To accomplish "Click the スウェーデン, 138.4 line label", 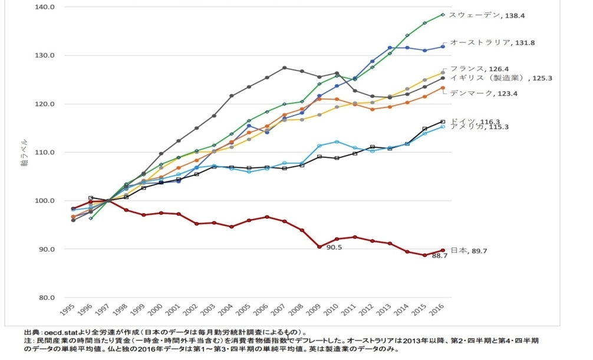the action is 487,15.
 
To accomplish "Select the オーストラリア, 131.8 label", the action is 492,43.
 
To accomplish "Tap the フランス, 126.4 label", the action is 480,69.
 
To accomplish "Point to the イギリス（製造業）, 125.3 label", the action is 501,78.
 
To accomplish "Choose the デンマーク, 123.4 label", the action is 484,94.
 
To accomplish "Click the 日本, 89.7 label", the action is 469,251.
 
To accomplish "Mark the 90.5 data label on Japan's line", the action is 334,247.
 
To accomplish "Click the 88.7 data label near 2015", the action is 440,256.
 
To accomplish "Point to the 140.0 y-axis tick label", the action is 44,7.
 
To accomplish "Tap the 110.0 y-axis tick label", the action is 44,153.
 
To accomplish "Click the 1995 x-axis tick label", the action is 67,309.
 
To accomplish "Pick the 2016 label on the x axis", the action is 437,309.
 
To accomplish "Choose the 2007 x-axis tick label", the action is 279,309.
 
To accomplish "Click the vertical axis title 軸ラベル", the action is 24,153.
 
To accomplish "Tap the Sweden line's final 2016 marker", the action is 443,15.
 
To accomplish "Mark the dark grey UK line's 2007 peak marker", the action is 284,68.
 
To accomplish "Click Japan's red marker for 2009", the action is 319,247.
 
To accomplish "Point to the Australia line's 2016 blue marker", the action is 443,47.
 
